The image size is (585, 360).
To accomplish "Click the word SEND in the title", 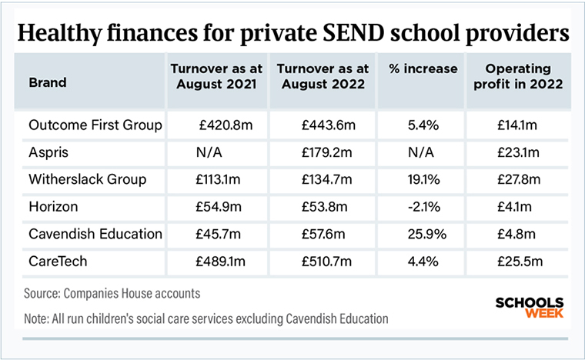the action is point(353,32).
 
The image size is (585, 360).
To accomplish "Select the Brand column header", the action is point(48,82).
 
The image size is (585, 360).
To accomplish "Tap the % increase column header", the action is point(423,68).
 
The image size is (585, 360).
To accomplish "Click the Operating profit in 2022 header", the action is point(518,76).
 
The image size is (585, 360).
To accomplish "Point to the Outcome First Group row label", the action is point(95,125).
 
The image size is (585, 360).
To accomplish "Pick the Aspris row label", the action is point(48,152).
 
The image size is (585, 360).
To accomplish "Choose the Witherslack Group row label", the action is point(87,179).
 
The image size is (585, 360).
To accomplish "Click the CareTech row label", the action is point(58,262).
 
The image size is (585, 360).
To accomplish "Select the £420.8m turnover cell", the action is point(226,125).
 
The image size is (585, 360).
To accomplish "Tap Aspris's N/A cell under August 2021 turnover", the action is point(209,152).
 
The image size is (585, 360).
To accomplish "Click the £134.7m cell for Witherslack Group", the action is point(326,179).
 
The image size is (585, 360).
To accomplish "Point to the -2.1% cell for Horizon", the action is point(424,207).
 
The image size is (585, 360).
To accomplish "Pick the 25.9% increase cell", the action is point(426,234).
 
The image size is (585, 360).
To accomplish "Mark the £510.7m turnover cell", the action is point(326,262).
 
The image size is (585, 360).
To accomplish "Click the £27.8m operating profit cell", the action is point(519,179).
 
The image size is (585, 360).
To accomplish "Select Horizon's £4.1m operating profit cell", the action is point(514,207).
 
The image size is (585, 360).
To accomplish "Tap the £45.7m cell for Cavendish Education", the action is point(219,234).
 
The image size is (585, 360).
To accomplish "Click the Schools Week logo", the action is point(530,308).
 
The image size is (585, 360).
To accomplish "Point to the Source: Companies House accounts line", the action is point(112,293).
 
